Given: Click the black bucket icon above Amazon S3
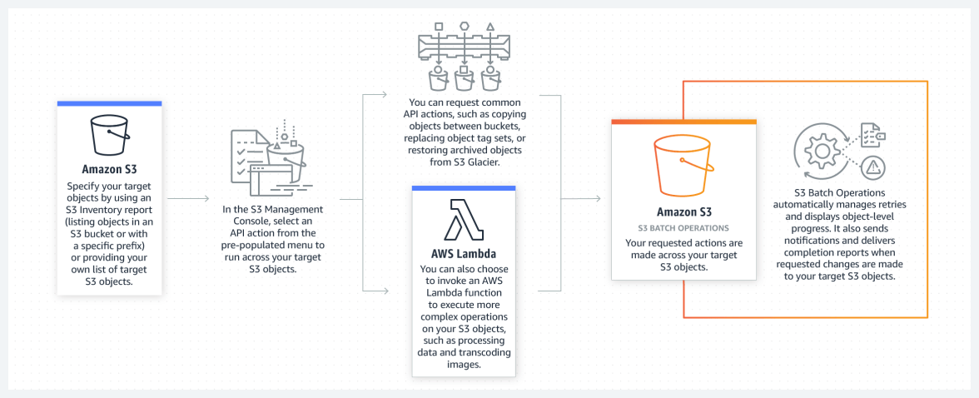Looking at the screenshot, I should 109,135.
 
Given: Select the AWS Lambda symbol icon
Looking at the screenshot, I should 464,219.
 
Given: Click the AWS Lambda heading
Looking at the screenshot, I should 464,252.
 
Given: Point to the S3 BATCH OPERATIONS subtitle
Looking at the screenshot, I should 683,227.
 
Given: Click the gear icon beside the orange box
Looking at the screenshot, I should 820,153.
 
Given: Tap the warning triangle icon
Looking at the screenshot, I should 873,167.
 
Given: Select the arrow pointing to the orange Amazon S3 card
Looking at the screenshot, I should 595,199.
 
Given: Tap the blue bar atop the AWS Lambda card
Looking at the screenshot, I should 464,188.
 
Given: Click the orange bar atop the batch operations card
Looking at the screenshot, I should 683,122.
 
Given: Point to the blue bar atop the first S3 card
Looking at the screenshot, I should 109,103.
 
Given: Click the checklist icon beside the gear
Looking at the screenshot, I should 870,134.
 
